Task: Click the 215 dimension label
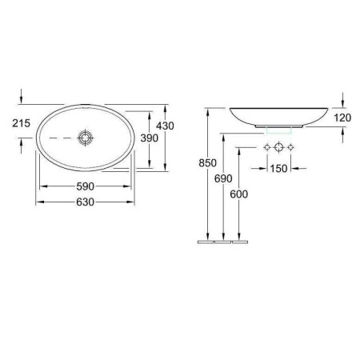[22, 123]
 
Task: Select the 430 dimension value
[165, 126]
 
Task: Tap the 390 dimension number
[150, 138]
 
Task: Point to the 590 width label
[86, 186]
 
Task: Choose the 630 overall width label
[86, 202]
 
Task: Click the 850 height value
[207, 162]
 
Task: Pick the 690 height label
[223, 178]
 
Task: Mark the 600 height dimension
[239, 194]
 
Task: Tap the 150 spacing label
[278, 169]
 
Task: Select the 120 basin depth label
[342, 118]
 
